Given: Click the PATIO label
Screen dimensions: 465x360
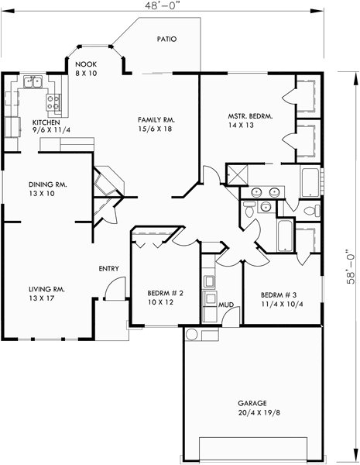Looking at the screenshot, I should [x=167, y=38].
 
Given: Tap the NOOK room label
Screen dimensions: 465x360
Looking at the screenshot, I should [x=84, y=65].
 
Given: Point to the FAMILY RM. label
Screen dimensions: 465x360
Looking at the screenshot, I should [x=155, y=120].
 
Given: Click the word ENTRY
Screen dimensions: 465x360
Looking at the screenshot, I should [x=108, y=269].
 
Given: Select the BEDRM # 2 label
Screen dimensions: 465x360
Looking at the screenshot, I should [x=165, y=294].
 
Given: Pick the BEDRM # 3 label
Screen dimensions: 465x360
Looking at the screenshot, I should [x=277, y=295].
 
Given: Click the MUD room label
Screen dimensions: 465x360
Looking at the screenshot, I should [x=226, y=305].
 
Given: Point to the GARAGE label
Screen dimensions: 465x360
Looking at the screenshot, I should [x=252, y=404].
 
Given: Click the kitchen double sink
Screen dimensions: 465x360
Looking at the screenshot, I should [x=33, y=80].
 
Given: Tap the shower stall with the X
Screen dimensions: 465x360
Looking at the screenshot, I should [x=236, y=175].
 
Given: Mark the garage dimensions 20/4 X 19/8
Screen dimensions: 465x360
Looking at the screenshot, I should [x=252, y=415].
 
